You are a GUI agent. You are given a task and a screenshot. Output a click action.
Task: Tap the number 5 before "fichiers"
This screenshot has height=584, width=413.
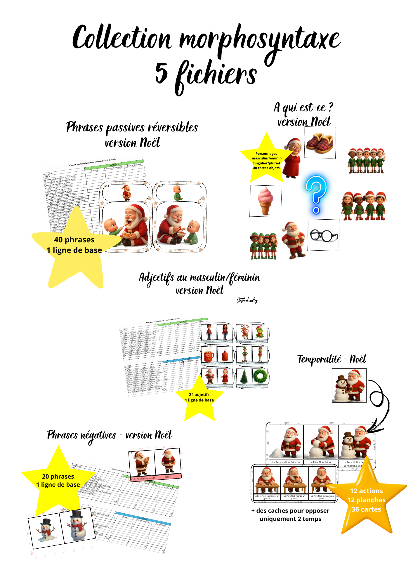162,73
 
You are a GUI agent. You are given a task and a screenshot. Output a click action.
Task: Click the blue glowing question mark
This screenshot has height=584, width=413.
316,194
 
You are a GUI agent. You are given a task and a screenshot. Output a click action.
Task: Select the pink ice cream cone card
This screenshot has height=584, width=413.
265,201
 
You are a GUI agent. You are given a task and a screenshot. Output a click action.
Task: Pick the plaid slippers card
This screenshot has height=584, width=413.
320,142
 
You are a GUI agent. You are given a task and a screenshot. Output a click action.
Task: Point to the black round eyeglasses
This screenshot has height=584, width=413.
323,235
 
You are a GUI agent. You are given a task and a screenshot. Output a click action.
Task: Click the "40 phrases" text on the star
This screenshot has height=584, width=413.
74,240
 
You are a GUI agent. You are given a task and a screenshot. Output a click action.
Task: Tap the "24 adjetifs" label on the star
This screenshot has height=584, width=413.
199,394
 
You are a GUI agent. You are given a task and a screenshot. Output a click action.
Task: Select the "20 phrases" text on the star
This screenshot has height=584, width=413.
58,477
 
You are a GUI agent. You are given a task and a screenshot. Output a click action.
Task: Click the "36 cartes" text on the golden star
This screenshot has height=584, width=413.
366,510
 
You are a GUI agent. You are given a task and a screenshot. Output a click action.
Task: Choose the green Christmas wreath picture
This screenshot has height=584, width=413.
260,376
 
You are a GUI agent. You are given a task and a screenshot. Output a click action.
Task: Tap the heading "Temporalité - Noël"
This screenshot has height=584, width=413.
332,359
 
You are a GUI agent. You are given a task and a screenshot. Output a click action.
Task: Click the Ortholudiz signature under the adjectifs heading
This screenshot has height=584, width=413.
247,300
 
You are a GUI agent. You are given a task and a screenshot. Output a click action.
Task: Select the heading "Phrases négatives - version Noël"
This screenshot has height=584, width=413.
109,435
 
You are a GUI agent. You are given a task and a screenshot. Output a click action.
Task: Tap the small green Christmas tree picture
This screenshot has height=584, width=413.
244,376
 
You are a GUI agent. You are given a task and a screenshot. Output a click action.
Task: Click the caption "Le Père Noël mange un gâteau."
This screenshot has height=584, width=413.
294,497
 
